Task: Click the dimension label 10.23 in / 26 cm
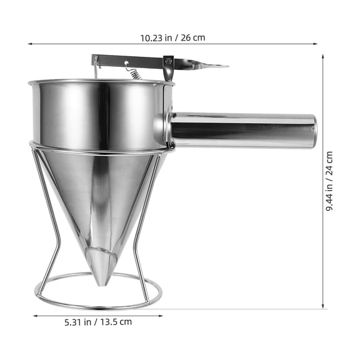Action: tap(172, 38)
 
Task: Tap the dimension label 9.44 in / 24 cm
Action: tap(329, 181)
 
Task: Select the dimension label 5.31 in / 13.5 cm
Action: tap(98, 322)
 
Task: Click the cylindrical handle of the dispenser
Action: tap(243, 130)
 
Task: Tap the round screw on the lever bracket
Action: tap(169, 61)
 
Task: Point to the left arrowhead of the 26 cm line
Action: tap(29, 44)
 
